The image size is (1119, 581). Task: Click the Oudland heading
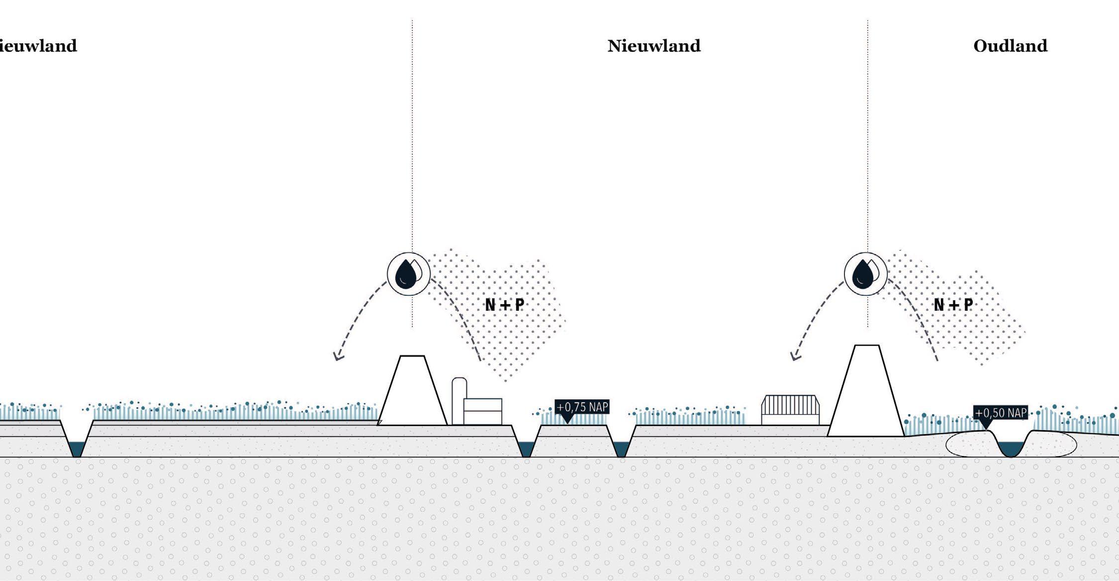click(1010, 46)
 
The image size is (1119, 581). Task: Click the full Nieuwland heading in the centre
click(653, 46)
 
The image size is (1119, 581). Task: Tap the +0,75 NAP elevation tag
click(581, 407)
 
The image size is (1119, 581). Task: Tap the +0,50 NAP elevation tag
click(1000, 413)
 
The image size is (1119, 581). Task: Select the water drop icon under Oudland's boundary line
click(865, 274)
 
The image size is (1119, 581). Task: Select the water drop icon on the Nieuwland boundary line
click(408, 274)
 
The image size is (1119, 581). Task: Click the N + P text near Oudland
click(953, 305)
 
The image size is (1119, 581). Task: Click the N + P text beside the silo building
click(504, 305)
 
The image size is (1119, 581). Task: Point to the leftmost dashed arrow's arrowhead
click(338, 356)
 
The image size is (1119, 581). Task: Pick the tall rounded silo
click(459, 401)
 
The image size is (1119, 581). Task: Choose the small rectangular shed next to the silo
click(482, 411)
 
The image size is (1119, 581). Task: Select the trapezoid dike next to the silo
click(412, 393)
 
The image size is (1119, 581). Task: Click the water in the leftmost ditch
click(77, 449)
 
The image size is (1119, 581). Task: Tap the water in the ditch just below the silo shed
click(526, 449)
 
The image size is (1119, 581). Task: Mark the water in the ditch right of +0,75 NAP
click(621, 449)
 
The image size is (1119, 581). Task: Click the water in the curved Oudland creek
click(1011, 449)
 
